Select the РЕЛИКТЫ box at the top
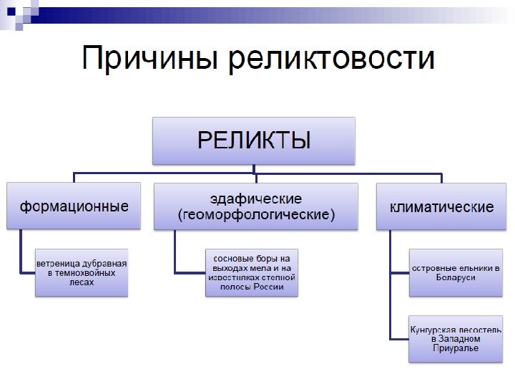(x=254, y=140)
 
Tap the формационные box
(x=74, y=206)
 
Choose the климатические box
(x=441, y=207)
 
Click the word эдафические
(x=255, y=199)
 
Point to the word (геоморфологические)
(x=255, y=214)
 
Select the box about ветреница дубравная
(x=82, y=272)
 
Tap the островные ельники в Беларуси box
(x=455, y=272)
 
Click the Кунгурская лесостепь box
(x=455, y=338)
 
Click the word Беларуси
(x=455, y=277)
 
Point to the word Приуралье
(x=455, y=348)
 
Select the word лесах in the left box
(x=82, y=282)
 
